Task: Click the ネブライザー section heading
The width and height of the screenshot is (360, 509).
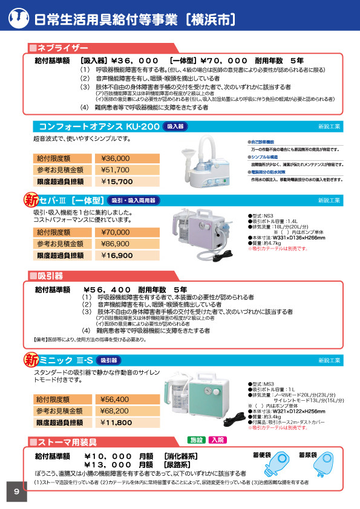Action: coord(62,48)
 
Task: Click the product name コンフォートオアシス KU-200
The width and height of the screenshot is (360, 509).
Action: coord(99,126)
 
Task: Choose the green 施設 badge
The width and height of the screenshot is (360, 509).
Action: coord(197,440)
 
